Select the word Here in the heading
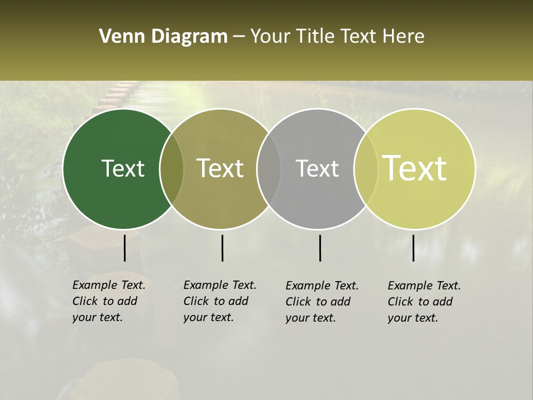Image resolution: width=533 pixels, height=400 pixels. coord(404,36)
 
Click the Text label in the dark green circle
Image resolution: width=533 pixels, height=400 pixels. coord(123,168)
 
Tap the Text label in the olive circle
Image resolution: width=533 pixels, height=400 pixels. coord(220,168)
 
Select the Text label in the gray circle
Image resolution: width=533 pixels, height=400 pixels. coord(317,168)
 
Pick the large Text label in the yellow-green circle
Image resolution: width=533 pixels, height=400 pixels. coord(415,168)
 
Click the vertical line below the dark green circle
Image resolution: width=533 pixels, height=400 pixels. coord(124,248)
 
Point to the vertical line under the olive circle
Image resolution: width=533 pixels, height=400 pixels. coord(222,248)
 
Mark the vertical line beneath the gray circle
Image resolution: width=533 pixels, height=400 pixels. coord(320,248)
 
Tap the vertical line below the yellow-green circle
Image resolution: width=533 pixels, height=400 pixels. coord(414,248)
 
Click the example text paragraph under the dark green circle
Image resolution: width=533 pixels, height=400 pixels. coord(108,301)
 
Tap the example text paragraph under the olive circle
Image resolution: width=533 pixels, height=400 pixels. coord(219,301)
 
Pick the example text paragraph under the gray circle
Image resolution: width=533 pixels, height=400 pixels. coord(321,302)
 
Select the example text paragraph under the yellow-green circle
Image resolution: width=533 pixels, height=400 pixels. coord(424,302)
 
